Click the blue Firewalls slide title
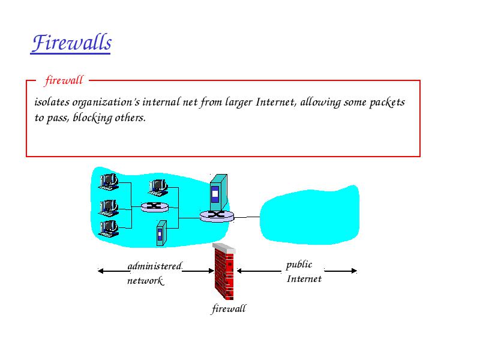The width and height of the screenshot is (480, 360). coord(71,43)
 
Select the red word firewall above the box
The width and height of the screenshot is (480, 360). coord(64,80)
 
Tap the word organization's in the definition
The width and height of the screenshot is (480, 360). coord(106,102)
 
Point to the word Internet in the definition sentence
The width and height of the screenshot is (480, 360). coord(276,102)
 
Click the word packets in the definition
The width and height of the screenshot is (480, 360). coord(387,102)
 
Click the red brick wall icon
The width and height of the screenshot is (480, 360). coord(224,271)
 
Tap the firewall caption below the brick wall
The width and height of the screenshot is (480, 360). coord(229,308)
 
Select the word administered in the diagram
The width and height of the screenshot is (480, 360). coord(155,266)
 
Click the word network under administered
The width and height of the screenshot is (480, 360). coord(146,280)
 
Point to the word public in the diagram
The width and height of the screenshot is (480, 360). coord(299,265)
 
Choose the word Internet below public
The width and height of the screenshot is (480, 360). coord(304,278)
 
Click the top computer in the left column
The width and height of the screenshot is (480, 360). coord(109,182)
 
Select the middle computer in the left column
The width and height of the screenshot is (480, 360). coord(109,208)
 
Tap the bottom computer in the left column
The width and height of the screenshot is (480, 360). coord(109,229)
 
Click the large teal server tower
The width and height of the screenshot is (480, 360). coord(218,193)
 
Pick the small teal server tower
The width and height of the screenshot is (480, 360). coord(161,233)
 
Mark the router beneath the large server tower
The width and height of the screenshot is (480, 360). coord(217,216)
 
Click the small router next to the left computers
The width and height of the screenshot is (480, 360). coord(155,207)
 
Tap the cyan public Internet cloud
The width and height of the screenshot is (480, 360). coord(309,215)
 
